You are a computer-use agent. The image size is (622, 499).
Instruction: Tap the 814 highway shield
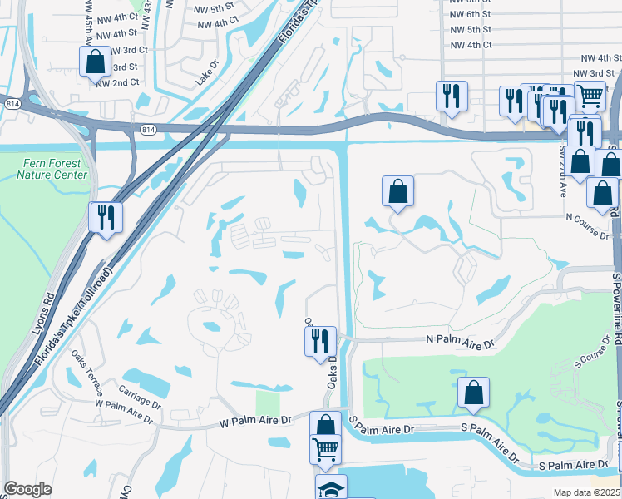click(x=148, y=130)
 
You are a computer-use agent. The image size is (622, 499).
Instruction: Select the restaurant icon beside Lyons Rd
click(x=106, y=217)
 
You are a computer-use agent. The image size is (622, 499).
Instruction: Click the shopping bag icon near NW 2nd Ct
click(x=94, y=61)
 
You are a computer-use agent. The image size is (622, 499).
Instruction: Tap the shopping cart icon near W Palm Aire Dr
click(x=325, y=449)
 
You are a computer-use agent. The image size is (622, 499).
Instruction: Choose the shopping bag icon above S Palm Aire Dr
click(x=472, y=393)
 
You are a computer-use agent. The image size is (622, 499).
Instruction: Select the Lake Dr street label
click(x=205, y=77)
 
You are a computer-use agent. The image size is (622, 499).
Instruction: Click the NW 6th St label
click(x=471, y=14)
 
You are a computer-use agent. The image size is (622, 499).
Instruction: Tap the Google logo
click(x=27, y=488)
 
